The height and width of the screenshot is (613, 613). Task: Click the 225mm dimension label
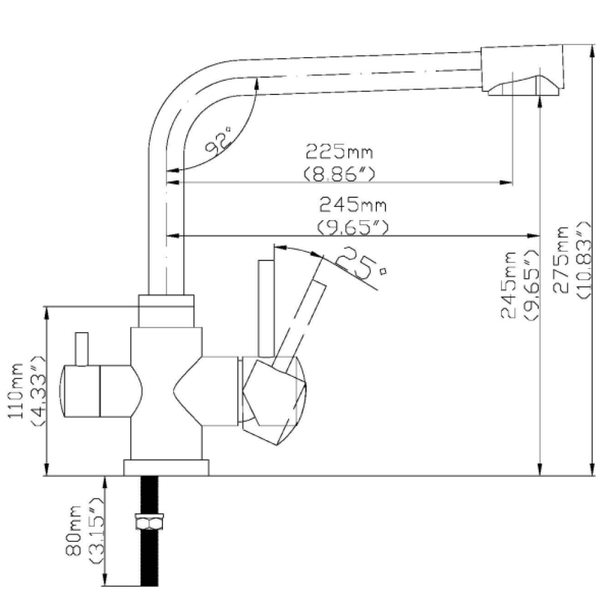pos(339,151)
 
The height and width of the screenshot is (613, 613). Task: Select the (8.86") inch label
pos(339,174)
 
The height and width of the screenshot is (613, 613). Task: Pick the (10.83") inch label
pos(582,259)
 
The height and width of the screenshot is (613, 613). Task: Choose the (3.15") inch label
pos(95,531)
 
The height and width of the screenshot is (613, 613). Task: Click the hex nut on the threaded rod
pos(149,523)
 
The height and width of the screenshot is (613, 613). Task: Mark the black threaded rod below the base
pos(149,564)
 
